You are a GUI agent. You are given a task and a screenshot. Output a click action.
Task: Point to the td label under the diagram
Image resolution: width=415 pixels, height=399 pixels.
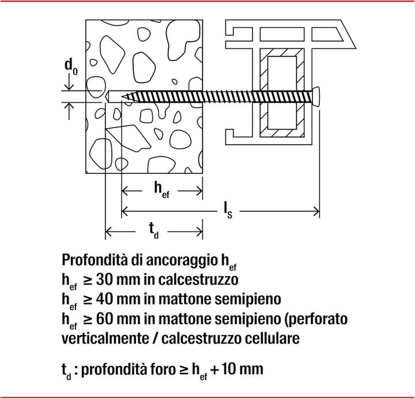pos(154,231)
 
